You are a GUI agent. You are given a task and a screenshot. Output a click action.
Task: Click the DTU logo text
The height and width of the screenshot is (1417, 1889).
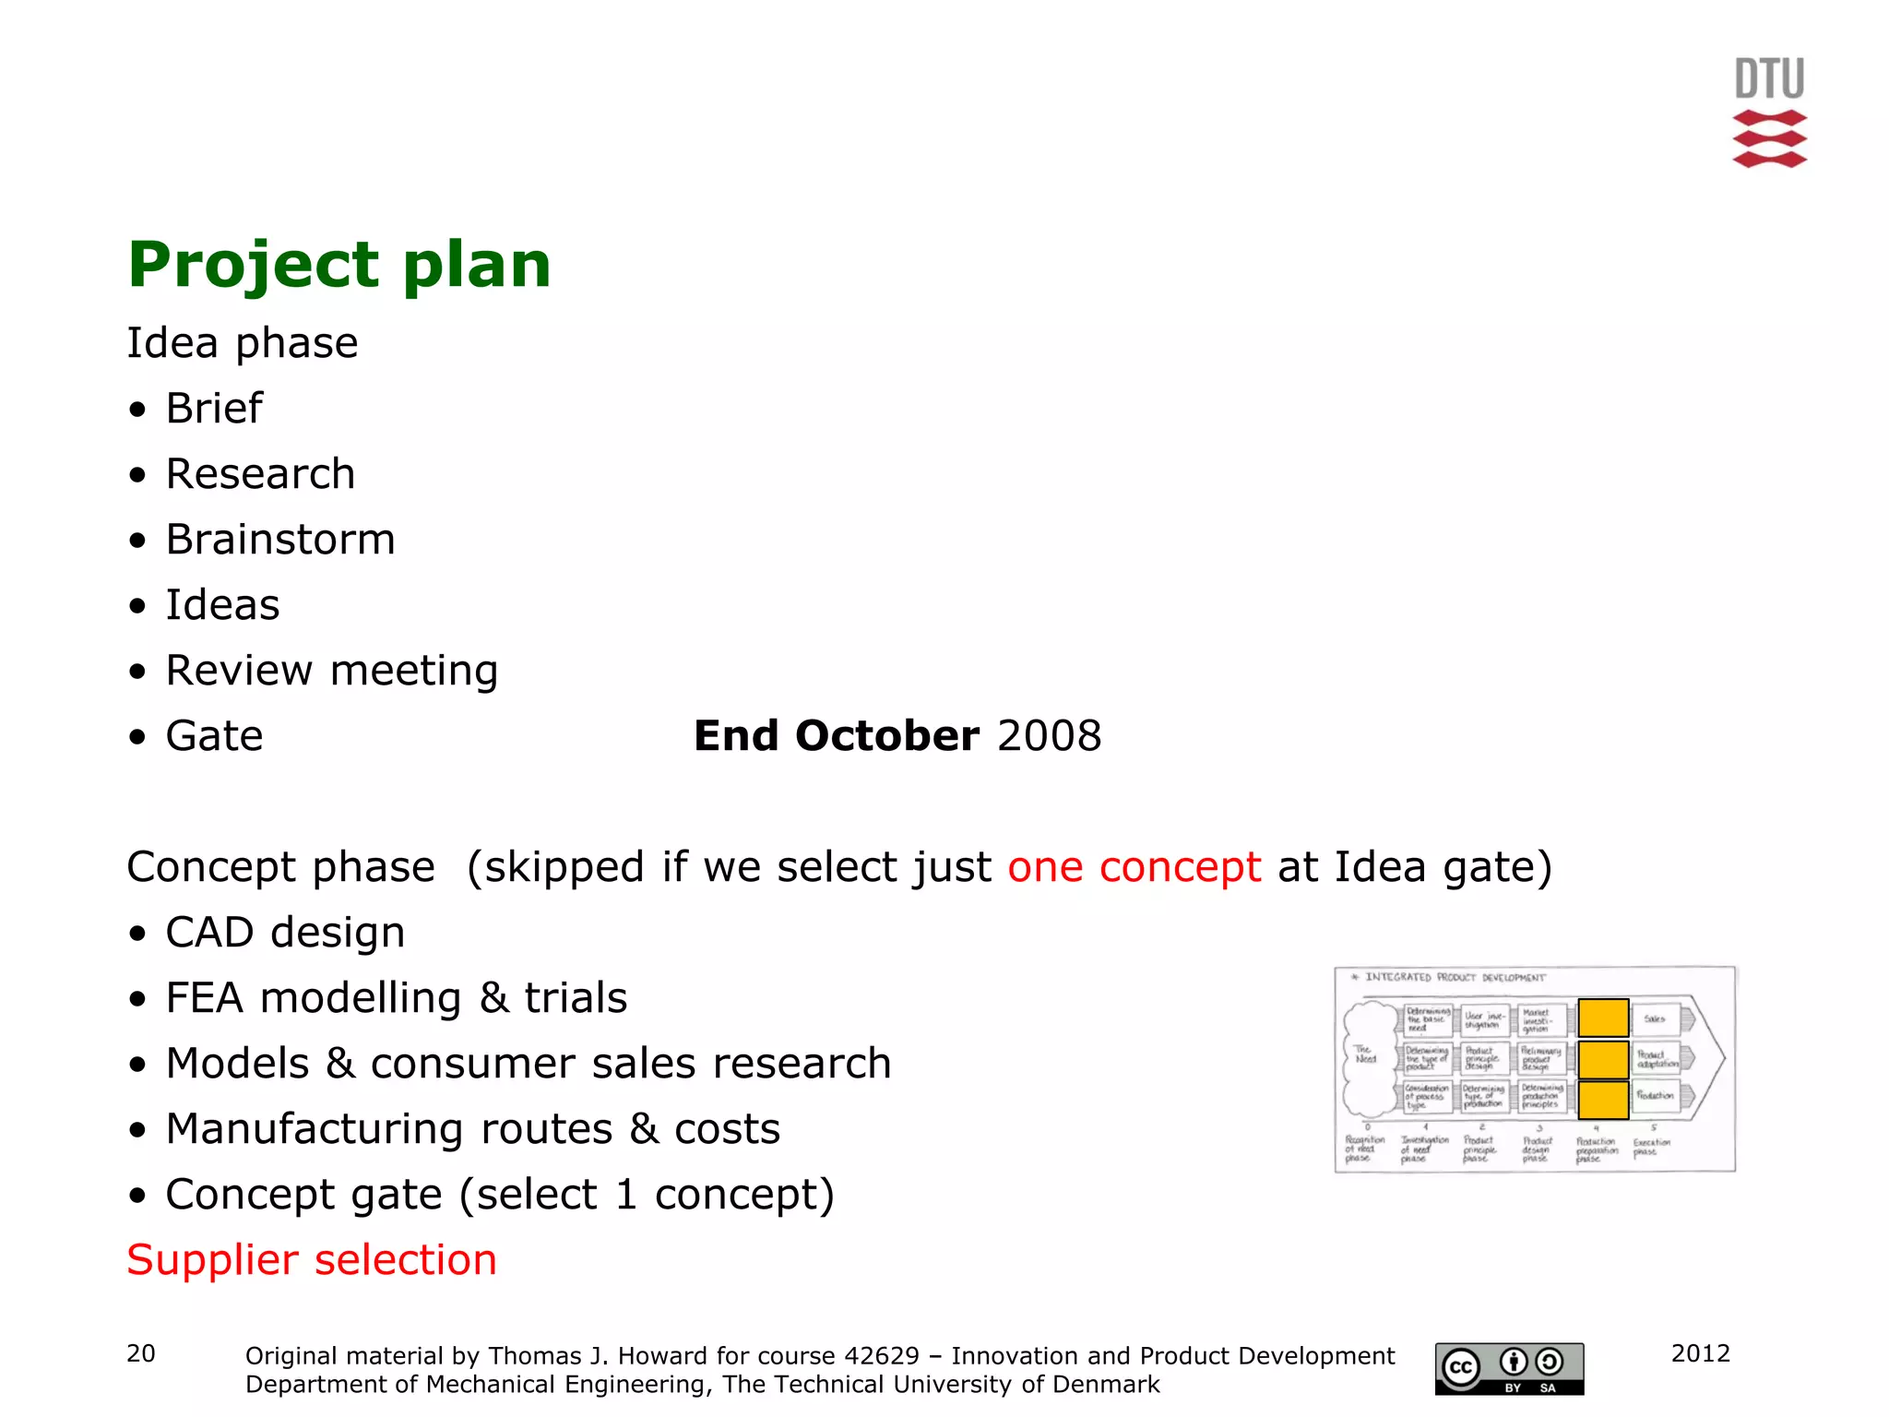1769,79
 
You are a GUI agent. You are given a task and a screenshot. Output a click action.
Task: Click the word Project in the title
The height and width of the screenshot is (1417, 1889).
253,265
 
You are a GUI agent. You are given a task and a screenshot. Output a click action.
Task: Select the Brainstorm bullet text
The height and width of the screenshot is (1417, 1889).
280,540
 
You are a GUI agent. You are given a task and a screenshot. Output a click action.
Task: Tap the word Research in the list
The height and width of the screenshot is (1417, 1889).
260,474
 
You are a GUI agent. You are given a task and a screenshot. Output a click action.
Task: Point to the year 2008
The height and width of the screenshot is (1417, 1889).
1049,736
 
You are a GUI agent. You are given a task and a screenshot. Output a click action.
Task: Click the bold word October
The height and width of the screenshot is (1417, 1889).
886,736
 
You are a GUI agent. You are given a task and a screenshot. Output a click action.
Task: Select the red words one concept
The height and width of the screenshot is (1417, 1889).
1134,867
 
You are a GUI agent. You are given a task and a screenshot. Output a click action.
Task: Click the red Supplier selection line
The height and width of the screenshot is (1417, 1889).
312,1260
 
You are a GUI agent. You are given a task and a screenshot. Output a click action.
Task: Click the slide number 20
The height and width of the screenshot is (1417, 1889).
141,1353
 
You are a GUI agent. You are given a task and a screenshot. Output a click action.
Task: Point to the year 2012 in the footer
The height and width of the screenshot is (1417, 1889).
1700,1353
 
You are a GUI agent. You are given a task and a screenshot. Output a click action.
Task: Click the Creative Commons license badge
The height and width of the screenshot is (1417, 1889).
1509,1368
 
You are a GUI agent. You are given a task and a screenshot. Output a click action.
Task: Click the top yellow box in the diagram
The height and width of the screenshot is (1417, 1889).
1603,1018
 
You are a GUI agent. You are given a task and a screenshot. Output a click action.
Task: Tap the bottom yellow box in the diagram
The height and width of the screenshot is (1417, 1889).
1603,1100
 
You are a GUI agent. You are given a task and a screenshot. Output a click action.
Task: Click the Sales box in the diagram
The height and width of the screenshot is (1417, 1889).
1655,1018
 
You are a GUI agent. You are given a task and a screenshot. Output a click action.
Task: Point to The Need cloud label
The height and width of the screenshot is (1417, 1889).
1366,1054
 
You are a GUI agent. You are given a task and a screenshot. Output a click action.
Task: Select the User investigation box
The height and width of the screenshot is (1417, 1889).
1485,1020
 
